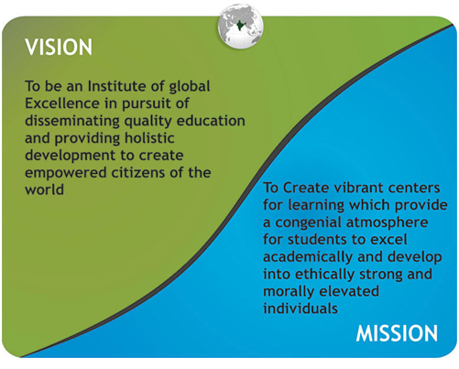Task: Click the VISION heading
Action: (59, 47)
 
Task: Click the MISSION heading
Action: (397, 333)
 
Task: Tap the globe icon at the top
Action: (241, 27)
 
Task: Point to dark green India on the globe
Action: (240, 25)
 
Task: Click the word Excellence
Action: (62, 103)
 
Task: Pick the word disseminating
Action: (72, 121)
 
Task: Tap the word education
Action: (211, 121)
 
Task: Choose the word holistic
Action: (149, 138)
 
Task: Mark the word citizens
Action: (138, 173)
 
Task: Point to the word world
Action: (44, 190)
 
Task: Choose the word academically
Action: (308, 257)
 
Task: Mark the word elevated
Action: (347, 291)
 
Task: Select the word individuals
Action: (301, 309)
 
